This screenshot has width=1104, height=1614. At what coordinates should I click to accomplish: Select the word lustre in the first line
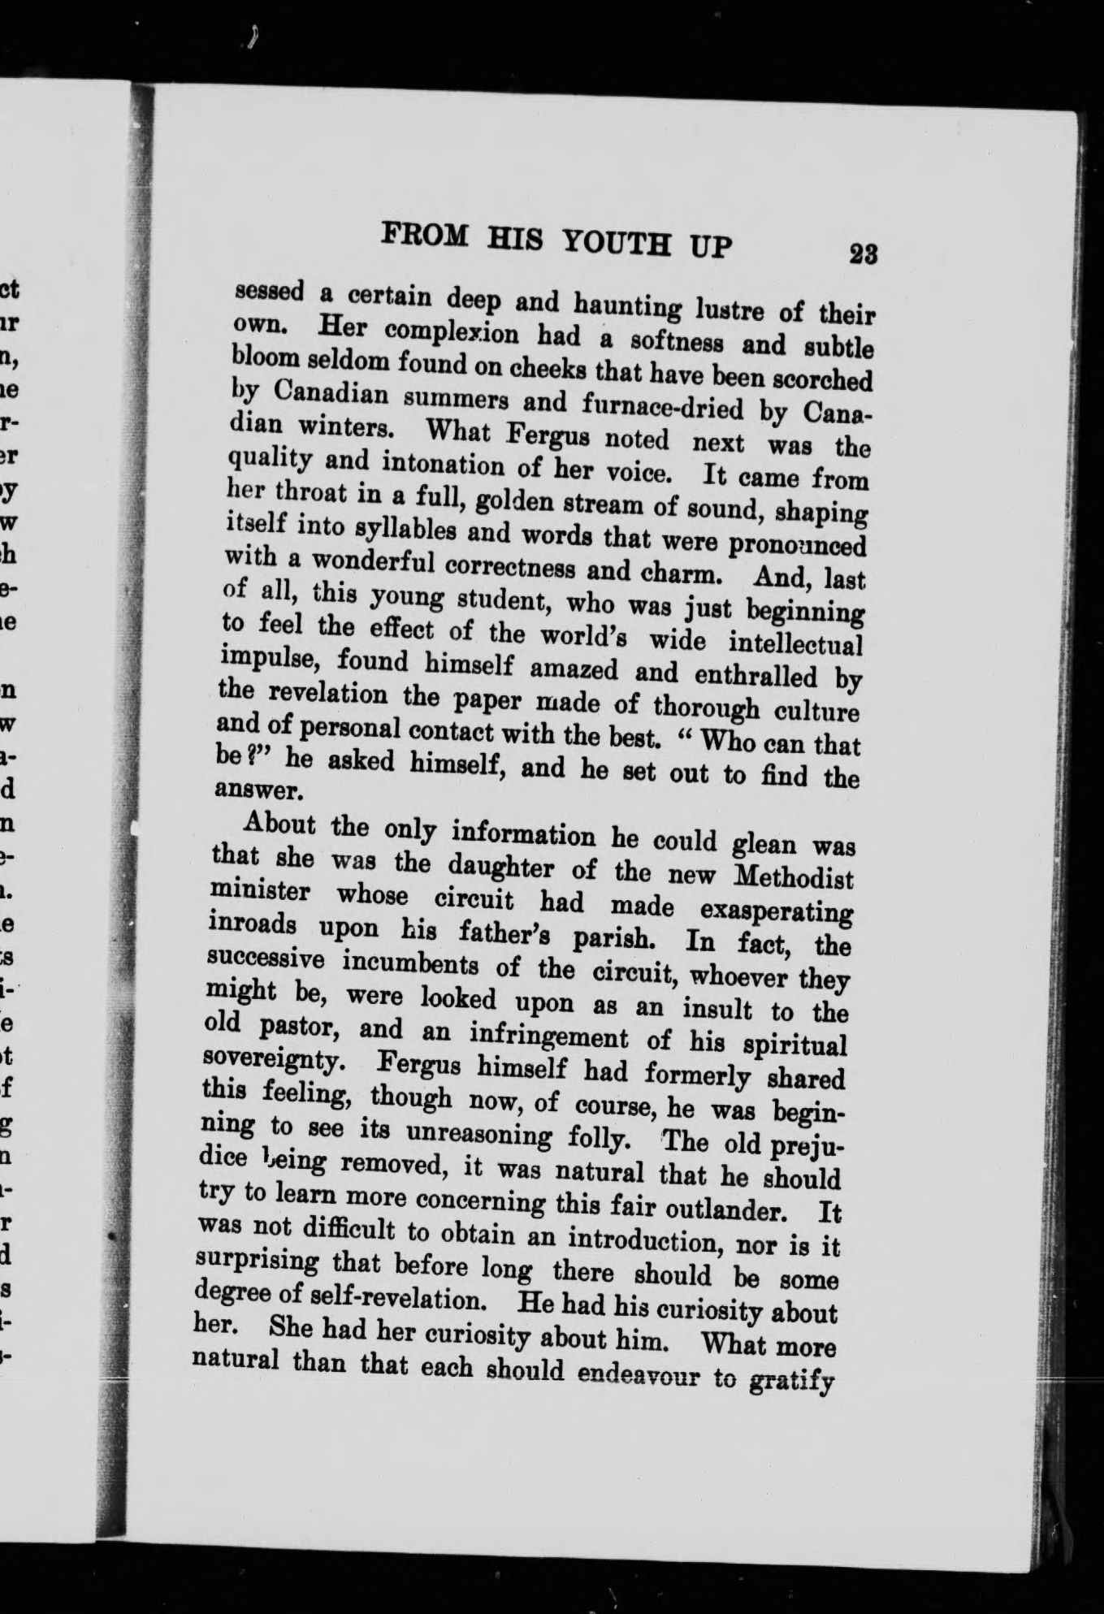point(729,309)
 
